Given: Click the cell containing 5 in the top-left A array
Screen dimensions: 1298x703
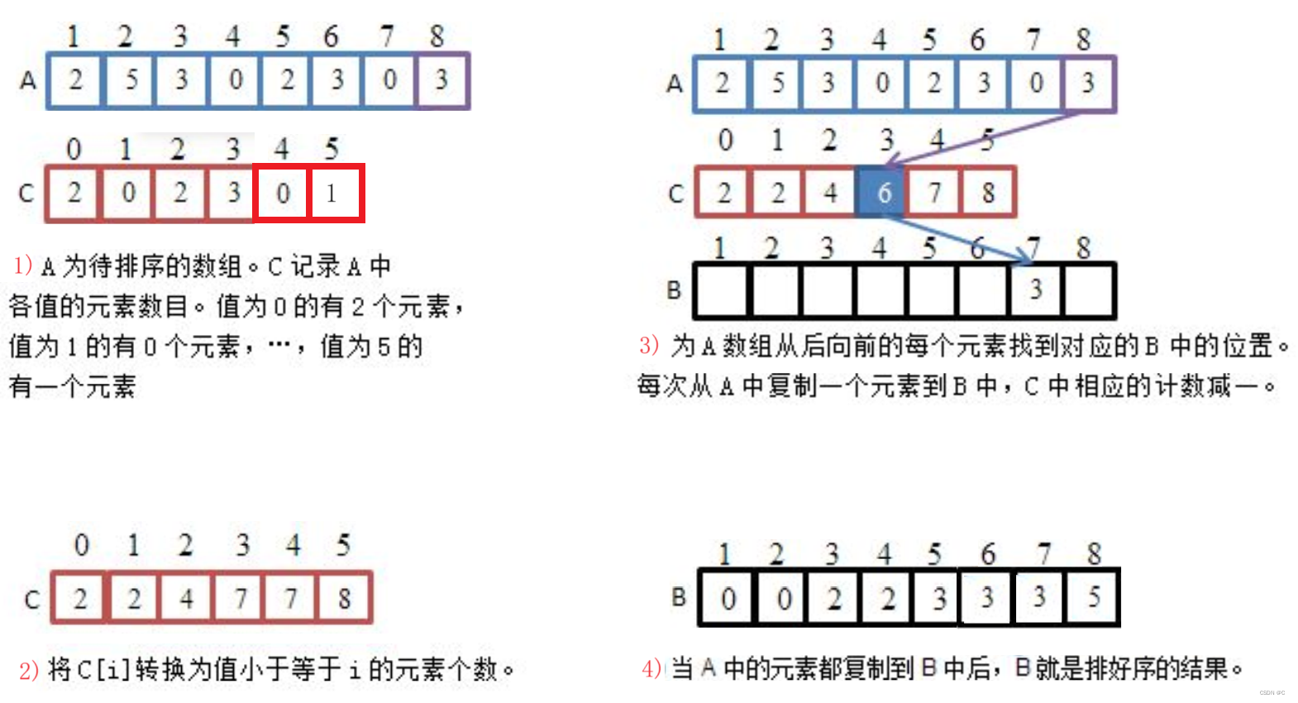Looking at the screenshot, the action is coord(131,80).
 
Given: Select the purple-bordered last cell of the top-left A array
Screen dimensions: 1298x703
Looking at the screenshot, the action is coord(442,80).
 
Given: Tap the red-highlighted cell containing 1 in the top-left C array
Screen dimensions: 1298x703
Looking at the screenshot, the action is coord(335,194).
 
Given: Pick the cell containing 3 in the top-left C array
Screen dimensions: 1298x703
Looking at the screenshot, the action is coord(232,194).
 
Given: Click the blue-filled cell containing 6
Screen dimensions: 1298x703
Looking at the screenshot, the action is coord(882,194).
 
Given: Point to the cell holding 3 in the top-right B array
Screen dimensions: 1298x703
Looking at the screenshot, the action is coord(1035,289).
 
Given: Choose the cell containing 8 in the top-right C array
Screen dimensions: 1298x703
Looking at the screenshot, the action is coord(988,194).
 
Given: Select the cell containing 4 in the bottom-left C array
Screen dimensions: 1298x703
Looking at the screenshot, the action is coord(186,597).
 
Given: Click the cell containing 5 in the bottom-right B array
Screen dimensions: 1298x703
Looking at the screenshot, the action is coord(1093,596).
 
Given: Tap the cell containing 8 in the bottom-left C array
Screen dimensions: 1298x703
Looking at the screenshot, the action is coord(344,597).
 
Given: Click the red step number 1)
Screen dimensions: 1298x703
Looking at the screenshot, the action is coord(22,265).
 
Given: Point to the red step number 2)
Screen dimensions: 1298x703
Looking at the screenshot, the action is coord(28,669).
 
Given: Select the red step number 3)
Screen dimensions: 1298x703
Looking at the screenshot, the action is coord(649,345).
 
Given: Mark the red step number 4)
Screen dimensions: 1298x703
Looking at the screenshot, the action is coord(651,667).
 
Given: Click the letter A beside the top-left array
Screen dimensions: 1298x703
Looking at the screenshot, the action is coord(28,80).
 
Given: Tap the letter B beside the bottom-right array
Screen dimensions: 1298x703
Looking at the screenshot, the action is coord(679,596).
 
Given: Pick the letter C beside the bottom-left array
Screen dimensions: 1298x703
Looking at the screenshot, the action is coord(32,599).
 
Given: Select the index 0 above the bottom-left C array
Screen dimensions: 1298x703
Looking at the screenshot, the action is coord(81,545).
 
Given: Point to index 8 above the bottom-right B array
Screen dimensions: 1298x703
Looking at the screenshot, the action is coord(1094,553).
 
